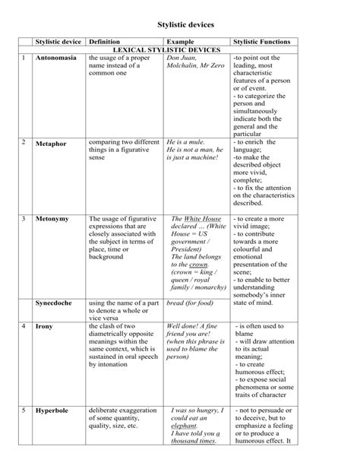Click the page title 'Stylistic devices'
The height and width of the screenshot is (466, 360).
pos(180,24)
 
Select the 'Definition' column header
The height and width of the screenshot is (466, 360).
pos(104,41)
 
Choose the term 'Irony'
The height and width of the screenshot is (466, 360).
pos(45,327)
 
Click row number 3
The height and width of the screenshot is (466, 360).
pos(24,219)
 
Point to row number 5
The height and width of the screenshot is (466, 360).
pos(24,411)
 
